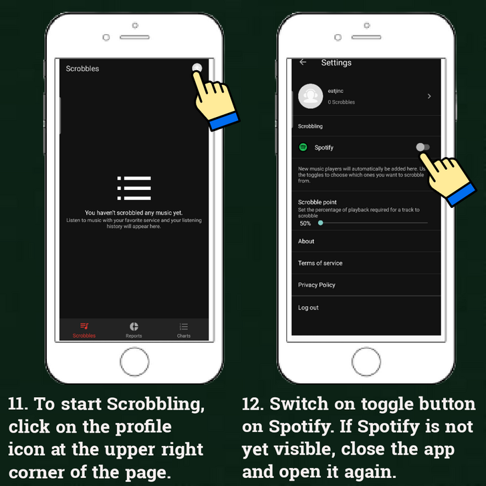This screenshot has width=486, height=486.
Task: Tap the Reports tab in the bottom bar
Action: (x=134, y=330)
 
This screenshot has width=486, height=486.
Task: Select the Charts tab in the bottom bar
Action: (x=183, y=330)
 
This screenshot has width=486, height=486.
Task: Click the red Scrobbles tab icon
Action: (x=84, y=326)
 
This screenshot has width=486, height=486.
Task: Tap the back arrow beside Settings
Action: (x=303, y=62)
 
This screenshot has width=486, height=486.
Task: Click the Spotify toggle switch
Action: (x=422, y=147)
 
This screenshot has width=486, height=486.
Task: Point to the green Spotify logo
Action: (x=303, y=147)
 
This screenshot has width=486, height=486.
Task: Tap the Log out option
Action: (x=308, y=308)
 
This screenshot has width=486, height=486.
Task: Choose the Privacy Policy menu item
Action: (x=316, y=285)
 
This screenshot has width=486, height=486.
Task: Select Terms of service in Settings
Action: (x=320, y=263)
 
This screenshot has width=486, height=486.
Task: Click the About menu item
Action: (x=306, y=241)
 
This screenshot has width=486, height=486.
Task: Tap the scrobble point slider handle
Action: (x=321, y=223)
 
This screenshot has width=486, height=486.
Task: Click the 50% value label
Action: (x=305, y=223)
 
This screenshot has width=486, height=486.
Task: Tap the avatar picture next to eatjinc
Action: (x=310, y=96)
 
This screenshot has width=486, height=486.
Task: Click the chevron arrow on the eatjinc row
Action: (x=429, y=96)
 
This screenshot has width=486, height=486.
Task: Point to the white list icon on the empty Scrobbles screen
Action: (x=134, y=188)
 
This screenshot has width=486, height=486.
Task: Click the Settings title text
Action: (x=336, y=63)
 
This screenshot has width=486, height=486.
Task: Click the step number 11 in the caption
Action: (x=17, y=404)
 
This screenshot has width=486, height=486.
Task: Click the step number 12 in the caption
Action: (x=252, y=404)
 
